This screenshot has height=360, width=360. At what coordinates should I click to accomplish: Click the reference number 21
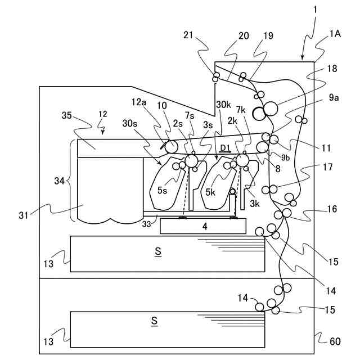(x=188, y=35)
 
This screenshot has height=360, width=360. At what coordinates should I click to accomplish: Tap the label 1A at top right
(x=335, y=34)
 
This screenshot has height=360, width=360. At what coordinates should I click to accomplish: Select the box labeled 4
(x=203, y=226)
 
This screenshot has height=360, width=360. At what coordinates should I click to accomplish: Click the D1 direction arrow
(x=225, y=152)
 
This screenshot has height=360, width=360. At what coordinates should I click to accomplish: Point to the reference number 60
(x=335, y=341)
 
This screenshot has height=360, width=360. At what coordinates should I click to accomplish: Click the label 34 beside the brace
(x=59, y=181)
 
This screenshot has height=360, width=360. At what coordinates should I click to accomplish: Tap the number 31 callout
(x=24, y=215)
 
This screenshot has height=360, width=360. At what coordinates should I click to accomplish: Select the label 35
(x=67, y=115)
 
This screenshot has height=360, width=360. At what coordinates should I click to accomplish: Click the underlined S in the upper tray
(x=158, y=251)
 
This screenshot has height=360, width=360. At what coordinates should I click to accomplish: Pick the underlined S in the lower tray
(x=154, y=321)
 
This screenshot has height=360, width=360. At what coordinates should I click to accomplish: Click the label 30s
(x=130, y=124)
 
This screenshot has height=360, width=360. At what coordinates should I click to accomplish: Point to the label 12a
(x=139, y=102)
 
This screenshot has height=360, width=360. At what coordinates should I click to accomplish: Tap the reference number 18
(x=332, y=68)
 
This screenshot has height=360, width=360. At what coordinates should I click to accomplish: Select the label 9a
(x=334, y=97)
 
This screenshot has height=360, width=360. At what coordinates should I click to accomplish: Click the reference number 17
(x=327, y=167)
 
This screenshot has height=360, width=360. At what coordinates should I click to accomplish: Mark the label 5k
(x=210, y=192)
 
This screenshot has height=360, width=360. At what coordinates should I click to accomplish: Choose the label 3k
(x=255, y=204)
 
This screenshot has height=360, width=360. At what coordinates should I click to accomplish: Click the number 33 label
(x=146, y=224)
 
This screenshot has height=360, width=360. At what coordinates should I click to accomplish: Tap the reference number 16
(x=332, y=209)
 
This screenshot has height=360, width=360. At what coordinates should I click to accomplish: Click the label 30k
(x=223, y=105)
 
